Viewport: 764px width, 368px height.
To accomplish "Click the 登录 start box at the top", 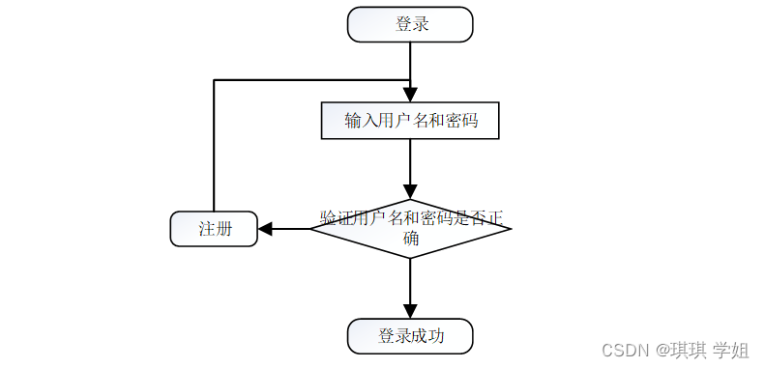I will click(x=410, y=25).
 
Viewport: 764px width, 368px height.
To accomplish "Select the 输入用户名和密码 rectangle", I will click(x=410, y=121).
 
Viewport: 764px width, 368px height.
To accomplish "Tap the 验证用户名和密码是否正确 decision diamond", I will click(x=410, y=228).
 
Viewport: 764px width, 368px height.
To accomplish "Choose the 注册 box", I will click(x=214, y=229).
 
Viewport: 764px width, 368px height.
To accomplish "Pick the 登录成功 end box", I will click(x=410, y=336).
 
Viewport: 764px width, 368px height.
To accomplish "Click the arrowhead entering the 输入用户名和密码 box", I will click(x=410, y=95).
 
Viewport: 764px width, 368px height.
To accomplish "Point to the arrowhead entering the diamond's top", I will click(x=410, y=190).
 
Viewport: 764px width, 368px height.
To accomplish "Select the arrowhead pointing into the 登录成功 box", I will click(x=410, y=311).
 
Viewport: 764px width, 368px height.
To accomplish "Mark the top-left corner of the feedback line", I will click(x=213, y=79).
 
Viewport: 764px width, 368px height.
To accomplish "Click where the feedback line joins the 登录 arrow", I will click(x=410, y=79).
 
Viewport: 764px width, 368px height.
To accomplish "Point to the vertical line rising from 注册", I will click(x=213, y=145).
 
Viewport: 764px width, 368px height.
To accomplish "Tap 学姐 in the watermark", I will click(x=731, y=349).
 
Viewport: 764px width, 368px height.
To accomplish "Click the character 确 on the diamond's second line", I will click(x=411, y=239).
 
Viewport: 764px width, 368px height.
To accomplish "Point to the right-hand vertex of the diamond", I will click(x=510, y=228).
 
